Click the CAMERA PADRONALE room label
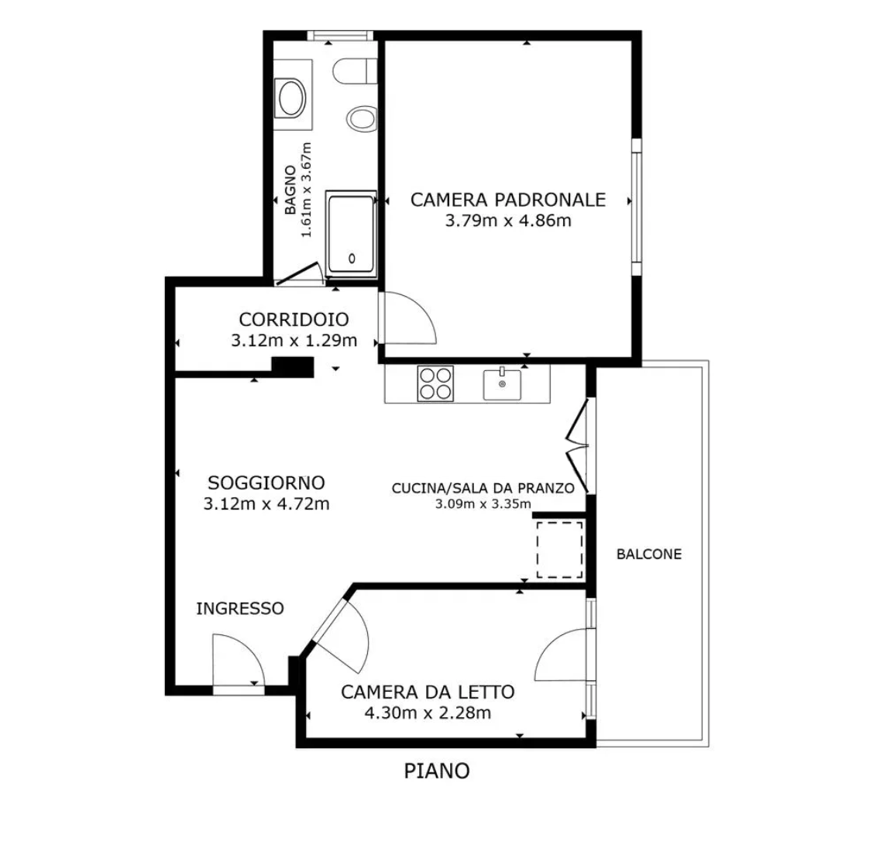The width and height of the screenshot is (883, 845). [508, 200]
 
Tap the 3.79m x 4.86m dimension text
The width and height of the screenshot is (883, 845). [508, 220]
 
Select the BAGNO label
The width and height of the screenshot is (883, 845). [290, 190]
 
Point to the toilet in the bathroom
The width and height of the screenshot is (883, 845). [354, 71]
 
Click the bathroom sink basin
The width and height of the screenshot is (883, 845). [290, 98]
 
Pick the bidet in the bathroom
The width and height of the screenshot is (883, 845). [362, 119]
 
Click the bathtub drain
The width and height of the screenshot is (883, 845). [352, 259]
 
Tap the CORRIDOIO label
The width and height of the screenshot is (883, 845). [294, 319]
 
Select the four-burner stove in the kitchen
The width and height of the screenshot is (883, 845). [435, 384]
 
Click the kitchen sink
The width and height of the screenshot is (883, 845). [502, 384]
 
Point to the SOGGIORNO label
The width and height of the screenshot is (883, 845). [266, 483]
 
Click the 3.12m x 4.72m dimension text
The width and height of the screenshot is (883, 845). [266, 503]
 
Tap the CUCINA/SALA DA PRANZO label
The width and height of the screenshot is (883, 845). [483, 488]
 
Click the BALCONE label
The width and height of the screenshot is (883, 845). [649, 554]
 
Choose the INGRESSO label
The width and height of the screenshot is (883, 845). [240, 608]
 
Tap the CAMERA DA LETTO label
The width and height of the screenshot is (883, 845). [428, 692]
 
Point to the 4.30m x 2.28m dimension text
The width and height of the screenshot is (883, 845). [428, 713]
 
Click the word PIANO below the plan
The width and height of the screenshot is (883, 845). [437, 771]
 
